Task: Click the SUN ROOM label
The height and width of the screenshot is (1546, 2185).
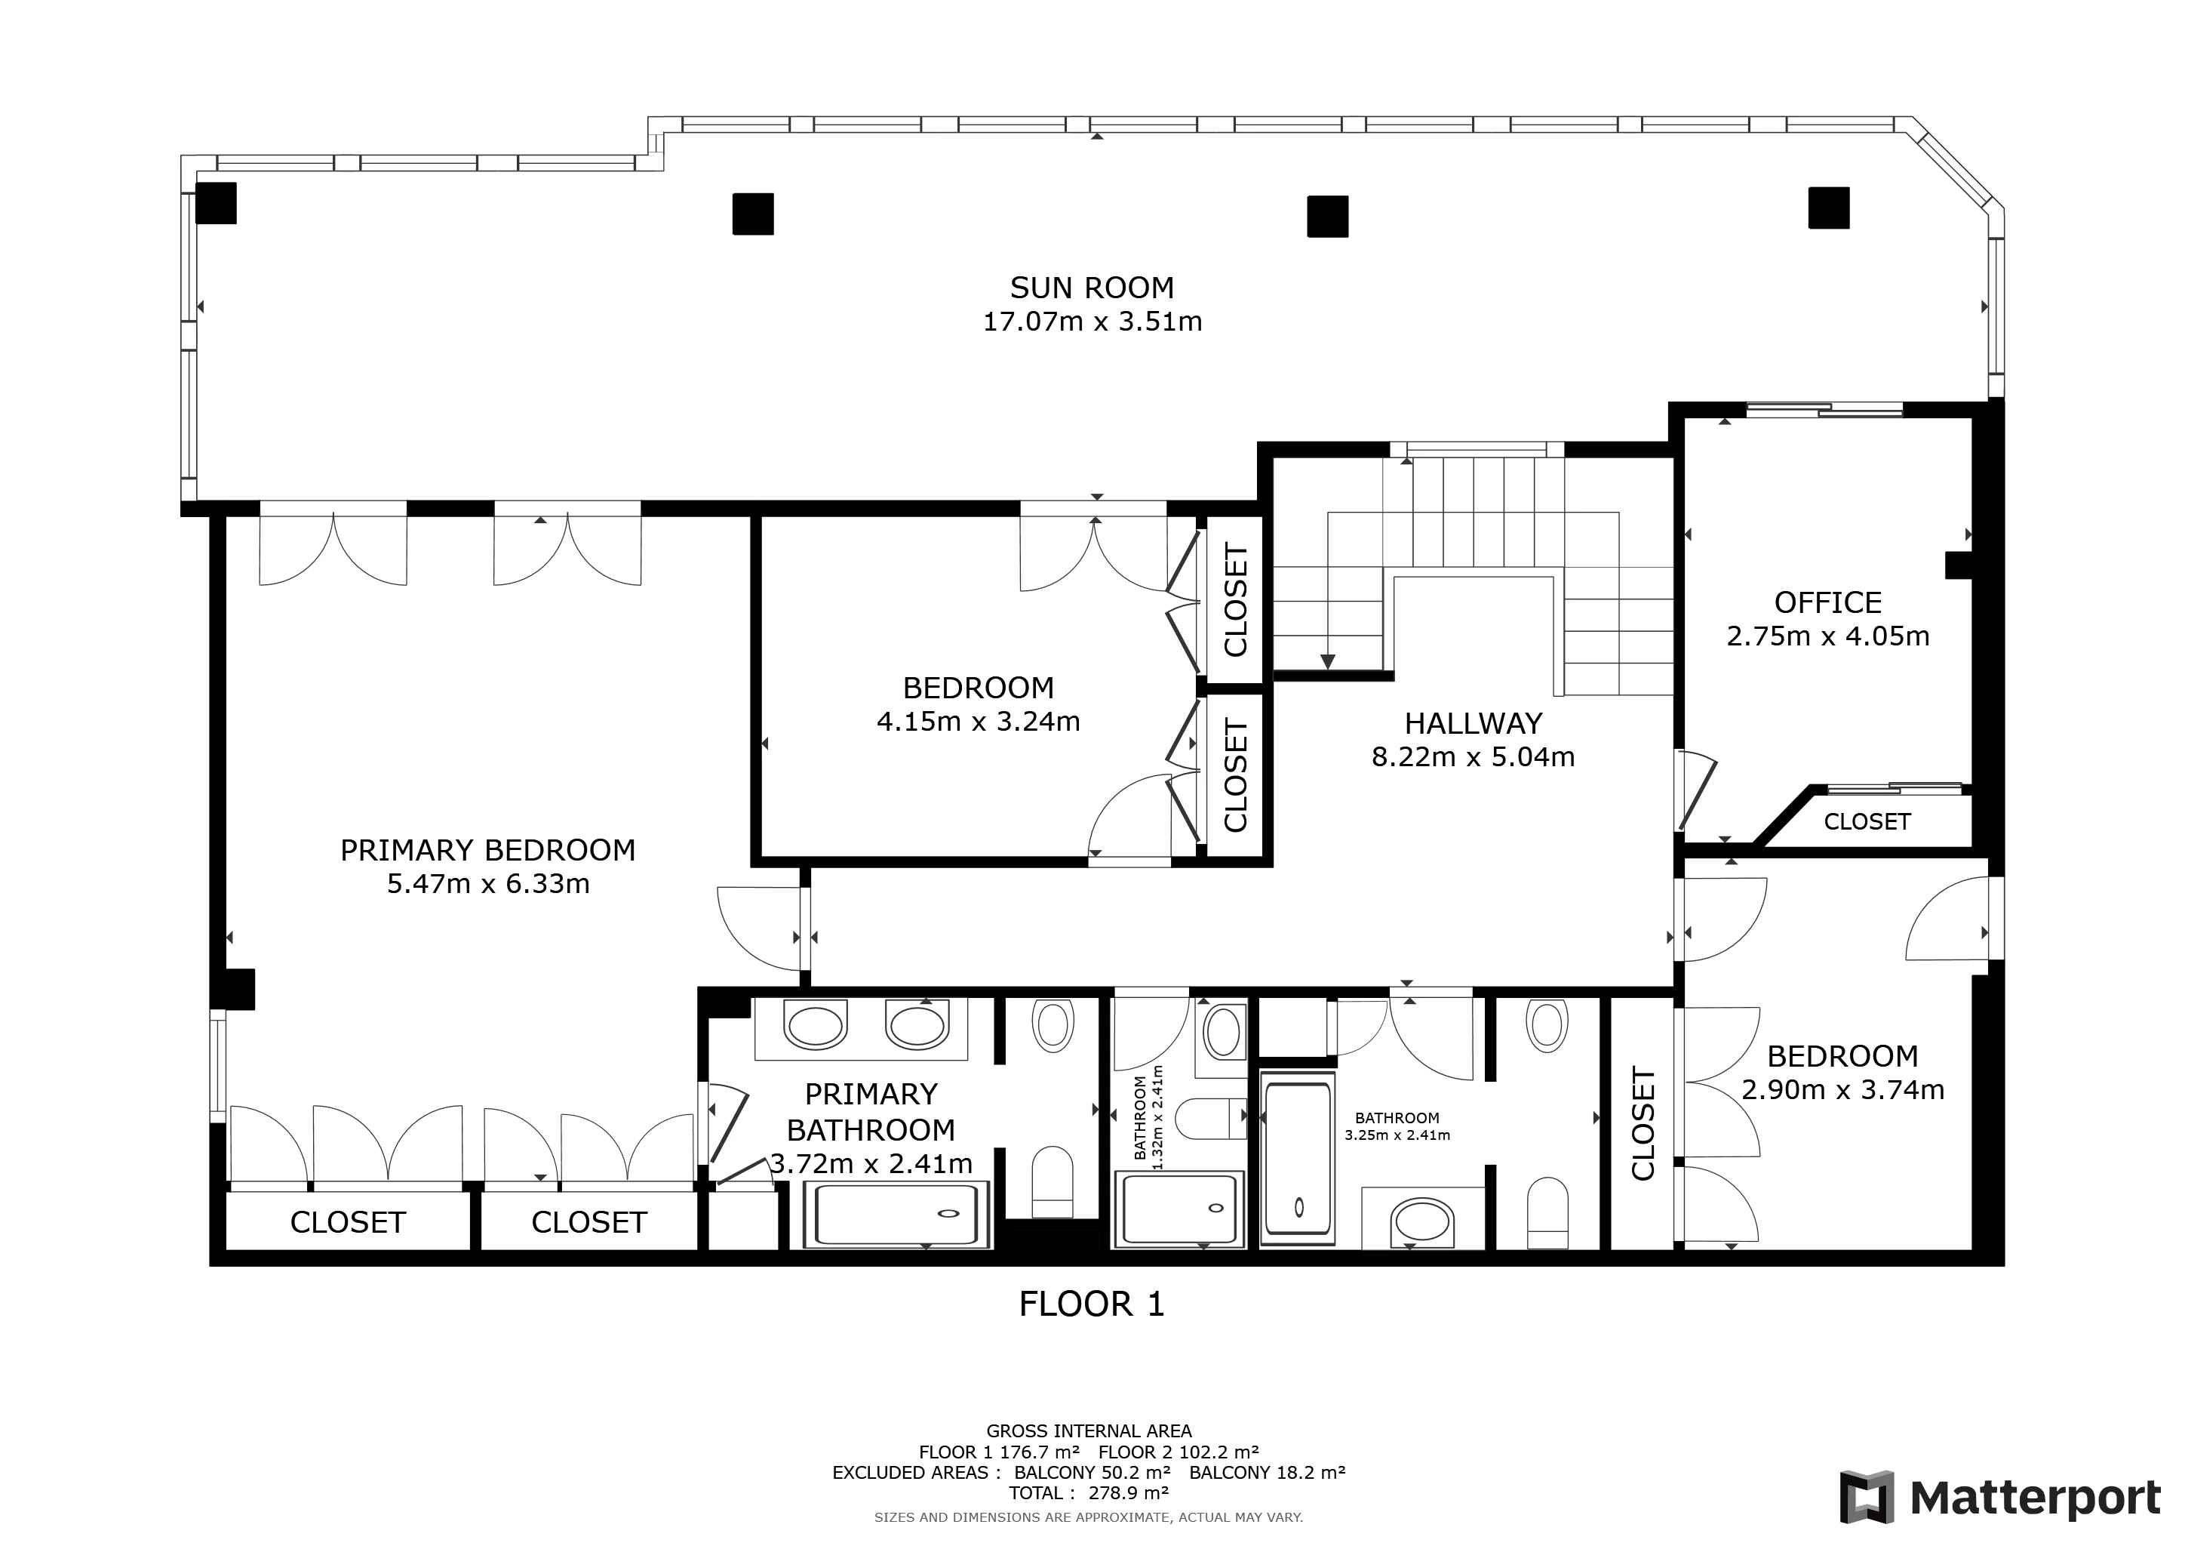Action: pos(1092,288)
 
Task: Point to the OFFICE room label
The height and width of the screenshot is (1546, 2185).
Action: pos(1828,602)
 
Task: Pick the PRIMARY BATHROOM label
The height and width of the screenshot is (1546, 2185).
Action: pos(871,1112)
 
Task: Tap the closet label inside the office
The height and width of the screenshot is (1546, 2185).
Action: pos(1867,821)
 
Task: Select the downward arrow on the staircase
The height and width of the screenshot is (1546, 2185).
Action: pos(1329,661)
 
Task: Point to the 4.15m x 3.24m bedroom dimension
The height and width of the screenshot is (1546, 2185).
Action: pos(979,722)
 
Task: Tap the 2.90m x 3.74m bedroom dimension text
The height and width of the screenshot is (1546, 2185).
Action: pos(1842,1090)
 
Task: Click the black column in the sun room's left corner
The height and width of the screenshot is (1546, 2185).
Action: pos(216,203)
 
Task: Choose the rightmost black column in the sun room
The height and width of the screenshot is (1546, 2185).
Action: pos(1829,208)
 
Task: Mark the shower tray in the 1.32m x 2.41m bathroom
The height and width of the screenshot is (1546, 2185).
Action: pos(1179,1209)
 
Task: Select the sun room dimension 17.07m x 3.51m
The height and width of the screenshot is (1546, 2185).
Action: pos(1092,322)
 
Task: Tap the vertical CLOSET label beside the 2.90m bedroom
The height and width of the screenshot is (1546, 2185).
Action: pos(1643,1123)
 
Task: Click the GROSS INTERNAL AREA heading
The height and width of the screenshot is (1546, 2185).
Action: pos(1089,1431)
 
